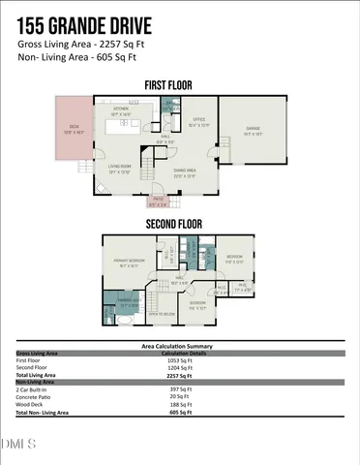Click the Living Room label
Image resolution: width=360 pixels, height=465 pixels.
[119, 169]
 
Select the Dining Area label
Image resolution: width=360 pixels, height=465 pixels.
[185, 171]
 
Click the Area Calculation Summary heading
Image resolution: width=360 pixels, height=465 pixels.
[180, 346]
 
